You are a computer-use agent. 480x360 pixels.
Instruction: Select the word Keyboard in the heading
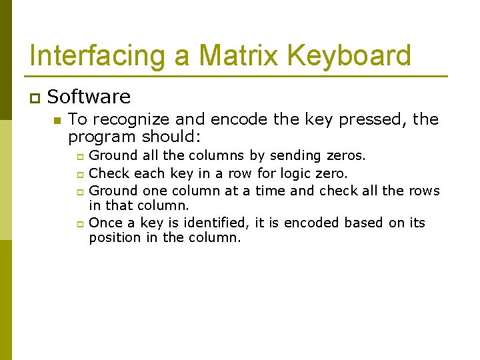pos(354,55)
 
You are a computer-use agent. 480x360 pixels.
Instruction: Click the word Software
pos(89,97)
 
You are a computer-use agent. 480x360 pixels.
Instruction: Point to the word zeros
pos(346,156)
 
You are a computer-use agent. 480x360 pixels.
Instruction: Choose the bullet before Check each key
pos(79,175)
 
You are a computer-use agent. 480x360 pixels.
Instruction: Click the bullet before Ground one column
pos(79,192)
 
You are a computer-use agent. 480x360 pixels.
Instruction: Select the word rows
pos(424,191)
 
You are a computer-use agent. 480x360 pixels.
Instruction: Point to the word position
pos(114,238)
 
